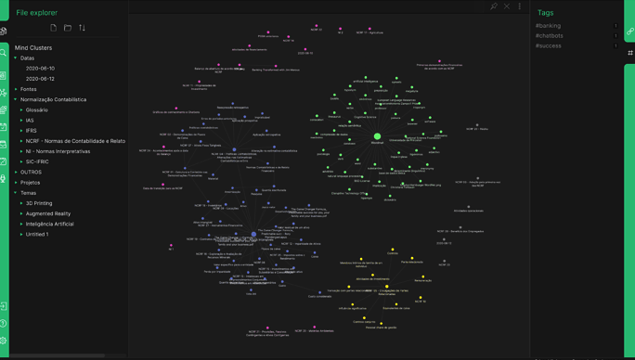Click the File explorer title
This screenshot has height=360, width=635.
[36, 13]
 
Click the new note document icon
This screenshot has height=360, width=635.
[53, 28]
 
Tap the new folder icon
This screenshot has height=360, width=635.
[68, 28]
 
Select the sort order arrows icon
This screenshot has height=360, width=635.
[82, 28]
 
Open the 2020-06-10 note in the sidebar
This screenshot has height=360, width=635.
[40, 69]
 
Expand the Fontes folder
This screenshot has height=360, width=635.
[29, 89]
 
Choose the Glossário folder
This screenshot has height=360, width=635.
[37, 110]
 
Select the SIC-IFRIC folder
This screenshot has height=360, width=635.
[38, 161]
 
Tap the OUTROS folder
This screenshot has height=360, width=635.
[31, 173]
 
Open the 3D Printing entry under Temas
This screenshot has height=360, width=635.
[39, 203]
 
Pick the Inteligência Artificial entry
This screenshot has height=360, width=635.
[49, 224]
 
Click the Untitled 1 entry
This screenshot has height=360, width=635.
[37, 235]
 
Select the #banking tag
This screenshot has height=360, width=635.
[548, 26]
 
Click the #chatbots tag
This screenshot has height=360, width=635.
[549, 36]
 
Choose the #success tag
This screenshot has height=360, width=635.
[548, 46]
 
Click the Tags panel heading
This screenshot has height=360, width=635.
[545, 13]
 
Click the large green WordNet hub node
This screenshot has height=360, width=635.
[377, 136]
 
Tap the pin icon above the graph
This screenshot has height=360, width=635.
[494, 6]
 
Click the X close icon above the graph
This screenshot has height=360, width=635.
[507, 6]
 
